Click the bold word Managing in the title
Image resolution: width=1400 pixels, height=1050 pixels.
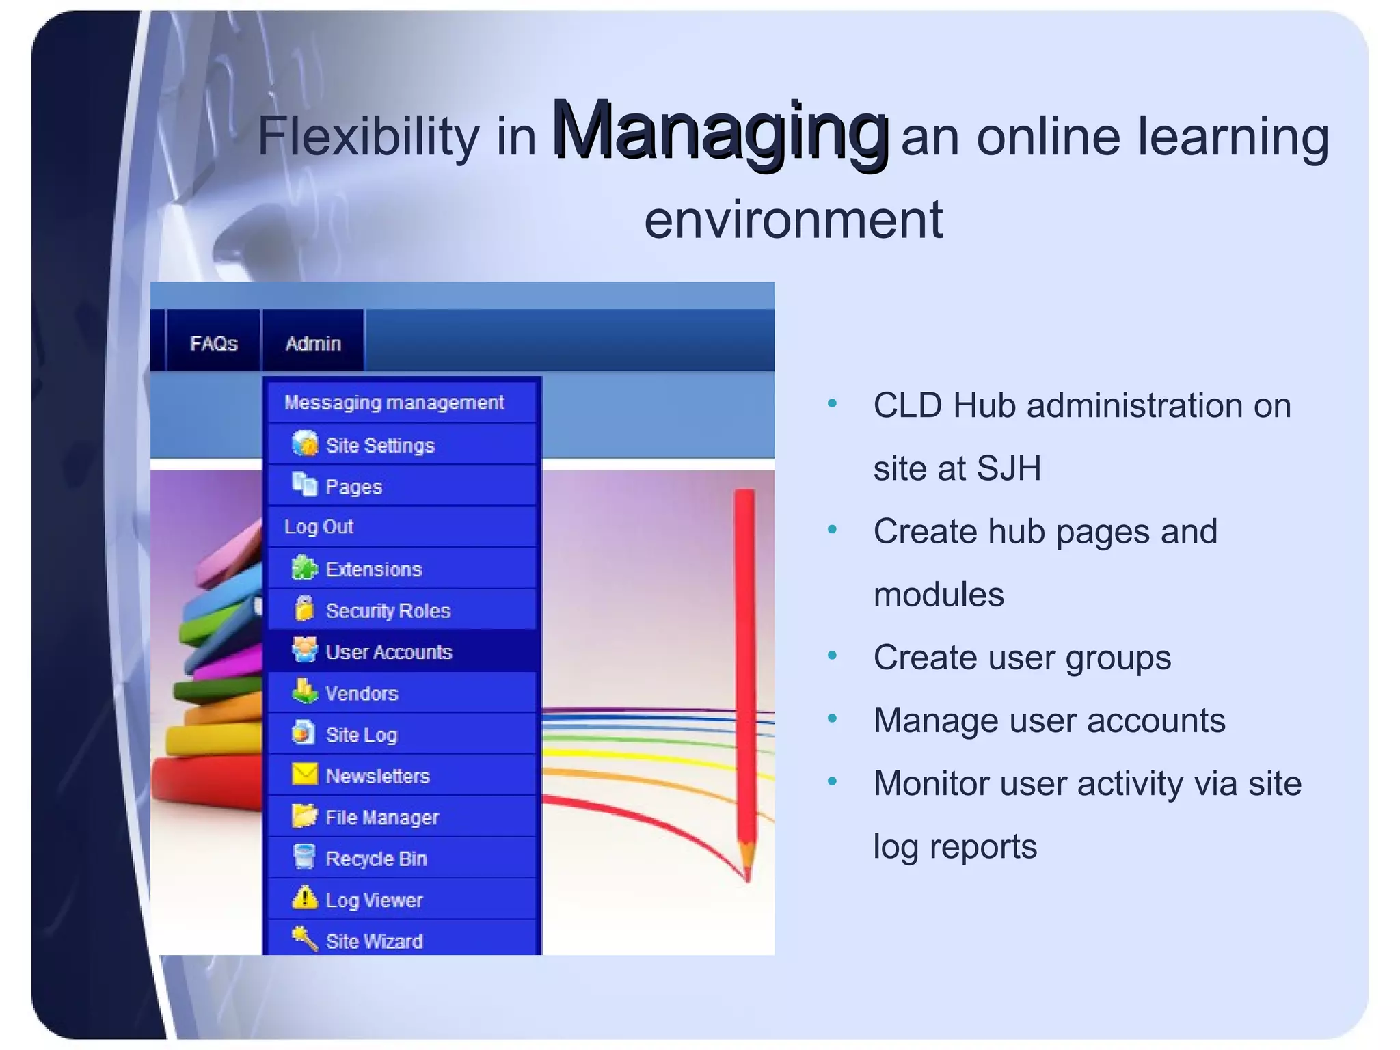click(x=719, y=131)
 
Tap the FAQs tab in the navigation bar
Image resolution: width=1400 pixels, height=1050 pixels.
click(x=213, y=343)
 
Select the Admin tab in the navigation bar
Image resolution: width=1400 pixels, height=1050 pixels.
click(x=313, y=343)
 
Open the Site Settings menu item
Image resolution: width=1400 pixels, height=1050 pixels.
click(x=379, y=446)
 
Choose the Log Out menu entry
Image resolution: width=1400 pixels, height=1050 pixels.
click(x=319, y=527)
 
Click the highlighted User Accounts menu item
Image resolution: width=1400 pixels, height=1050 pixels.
click(x=388, y=652)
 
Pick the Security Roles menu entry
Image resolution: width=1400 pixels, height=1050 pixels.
click(x=388, y=610)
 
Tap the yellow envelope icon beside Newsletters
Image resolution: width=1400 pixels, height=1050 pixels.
click(x=305, y=775)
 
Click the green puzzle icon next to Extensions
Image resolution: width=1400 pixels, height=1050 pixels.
click(x=304, y=568)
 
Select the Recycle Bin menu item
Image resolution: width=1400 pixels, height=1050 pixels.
click(x=376, y=859)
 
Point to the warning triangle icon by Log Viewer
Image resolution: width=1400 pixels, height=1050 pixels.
click(x=304, y=898)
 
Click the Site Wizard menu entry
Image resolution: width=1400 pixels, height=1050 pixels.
click(x=374, y=941)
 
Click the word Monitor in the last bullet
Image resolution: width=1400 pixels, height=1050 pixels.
click(x=930, y=784)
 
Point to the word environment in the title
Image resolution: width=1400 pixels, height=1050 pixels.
click(x=793, y=220)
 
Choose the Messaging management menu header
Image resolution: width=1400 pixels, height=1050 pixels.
click(x=394, y=403)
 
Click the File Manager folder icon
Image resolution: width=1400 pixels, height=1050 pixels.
click(x=304, y=816)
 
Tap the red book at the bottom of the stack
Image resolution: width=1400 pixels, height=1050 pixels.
click(x=205, y=783)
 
